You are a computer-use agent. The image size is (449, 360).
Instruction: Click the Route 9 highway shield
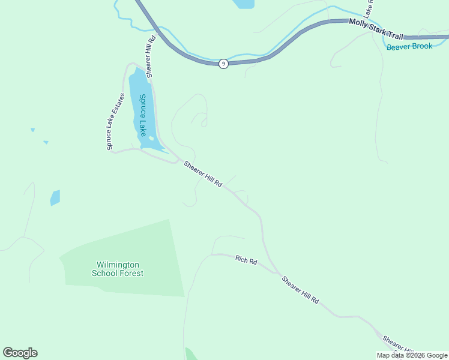coord(223,64)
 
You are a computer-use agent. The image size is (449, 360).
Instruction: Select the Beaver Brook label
coord(409,46)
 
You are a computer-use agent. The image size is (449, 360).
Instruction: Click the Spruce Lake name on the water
coord(143,115)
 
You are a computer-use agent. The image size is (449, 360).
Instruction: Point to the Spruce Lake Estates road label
coord(115,122)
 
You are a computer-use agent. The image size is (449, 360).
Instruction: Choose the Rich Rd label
coord(246,260)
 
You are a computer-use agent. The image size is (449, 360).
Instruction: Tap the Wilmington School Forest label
coord(118,269)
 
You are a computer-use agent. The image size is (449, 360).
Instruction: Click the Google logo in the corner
coord(20,353)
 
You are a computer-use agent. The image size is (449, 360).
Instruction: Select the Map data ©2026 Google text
coord(412,355)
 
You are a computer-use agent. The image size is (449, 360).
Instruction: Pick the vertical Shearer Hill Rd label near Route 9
coord(150,56)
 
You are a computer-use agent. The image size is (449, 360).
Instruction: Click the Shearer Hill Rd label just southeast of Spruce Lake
coord(203,175)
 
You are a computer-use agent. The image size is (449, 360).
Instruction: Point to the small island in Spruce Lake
coord(151,139)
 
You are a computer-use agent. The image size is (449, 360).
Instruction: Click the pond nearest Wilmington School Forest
coord(55,197)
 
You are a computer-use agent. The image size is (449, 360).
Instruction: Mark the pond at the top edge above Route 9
coord(244,4)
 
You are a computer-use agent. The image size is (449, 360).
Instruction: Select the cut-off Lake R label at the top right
coord(370,7)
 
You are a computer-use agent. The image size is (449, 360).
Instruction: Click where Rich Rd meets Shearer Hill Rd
coord(278,274)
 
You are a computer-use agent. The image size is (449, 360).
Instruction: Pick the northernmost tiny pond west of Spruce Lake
coord(32,129)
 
